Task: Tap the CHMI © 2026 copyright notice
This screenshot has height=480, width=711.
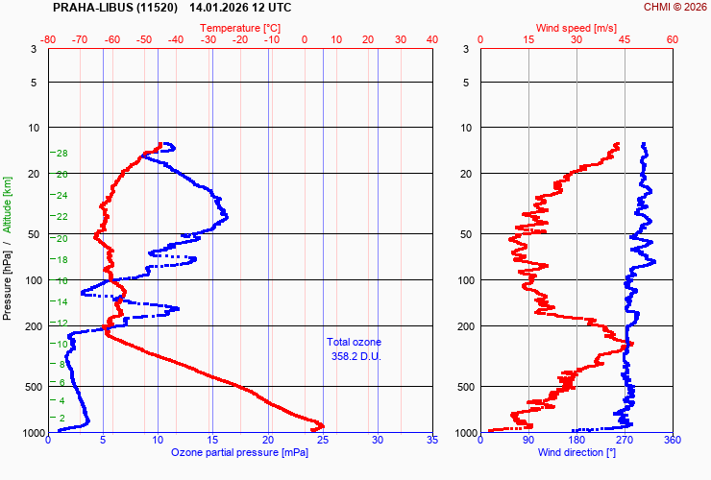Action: [674, 7]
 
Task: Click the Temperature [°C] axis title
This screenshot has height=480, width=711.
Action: [240, 28]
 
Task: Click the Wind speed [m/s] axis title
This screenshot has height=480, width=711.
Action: [576, 28]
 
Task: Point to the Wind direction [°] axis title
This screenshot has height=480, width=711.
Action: [576, 452]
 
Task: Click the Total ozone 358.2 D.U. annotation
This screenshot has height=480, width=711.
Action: [354, 349]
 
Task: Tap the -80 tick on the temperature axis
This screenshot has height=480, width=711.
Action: [49, 39]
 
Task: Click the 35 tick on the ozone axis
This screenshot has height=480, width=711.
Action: [431, 441]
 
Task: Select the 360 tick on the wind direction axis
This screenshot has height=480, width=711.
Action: [673, 441]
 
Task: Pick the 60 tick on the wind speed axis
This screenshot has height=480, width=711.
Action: [673, 39]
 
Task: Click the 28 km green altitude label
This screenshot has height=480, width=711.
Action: [61, 154]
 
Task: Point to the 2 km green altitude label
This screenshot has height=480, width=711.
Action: [62, 418]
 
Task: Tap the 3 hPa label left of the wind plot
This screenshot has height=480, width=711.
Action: [465, 49]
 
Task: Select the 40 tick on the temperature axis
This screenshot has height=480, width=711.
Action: [431, 39]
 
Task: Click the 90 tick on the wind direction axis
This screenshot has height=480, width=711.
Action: [528, 441]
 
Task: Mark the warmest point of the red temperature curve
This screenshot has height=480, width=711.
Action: [322, 425]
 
